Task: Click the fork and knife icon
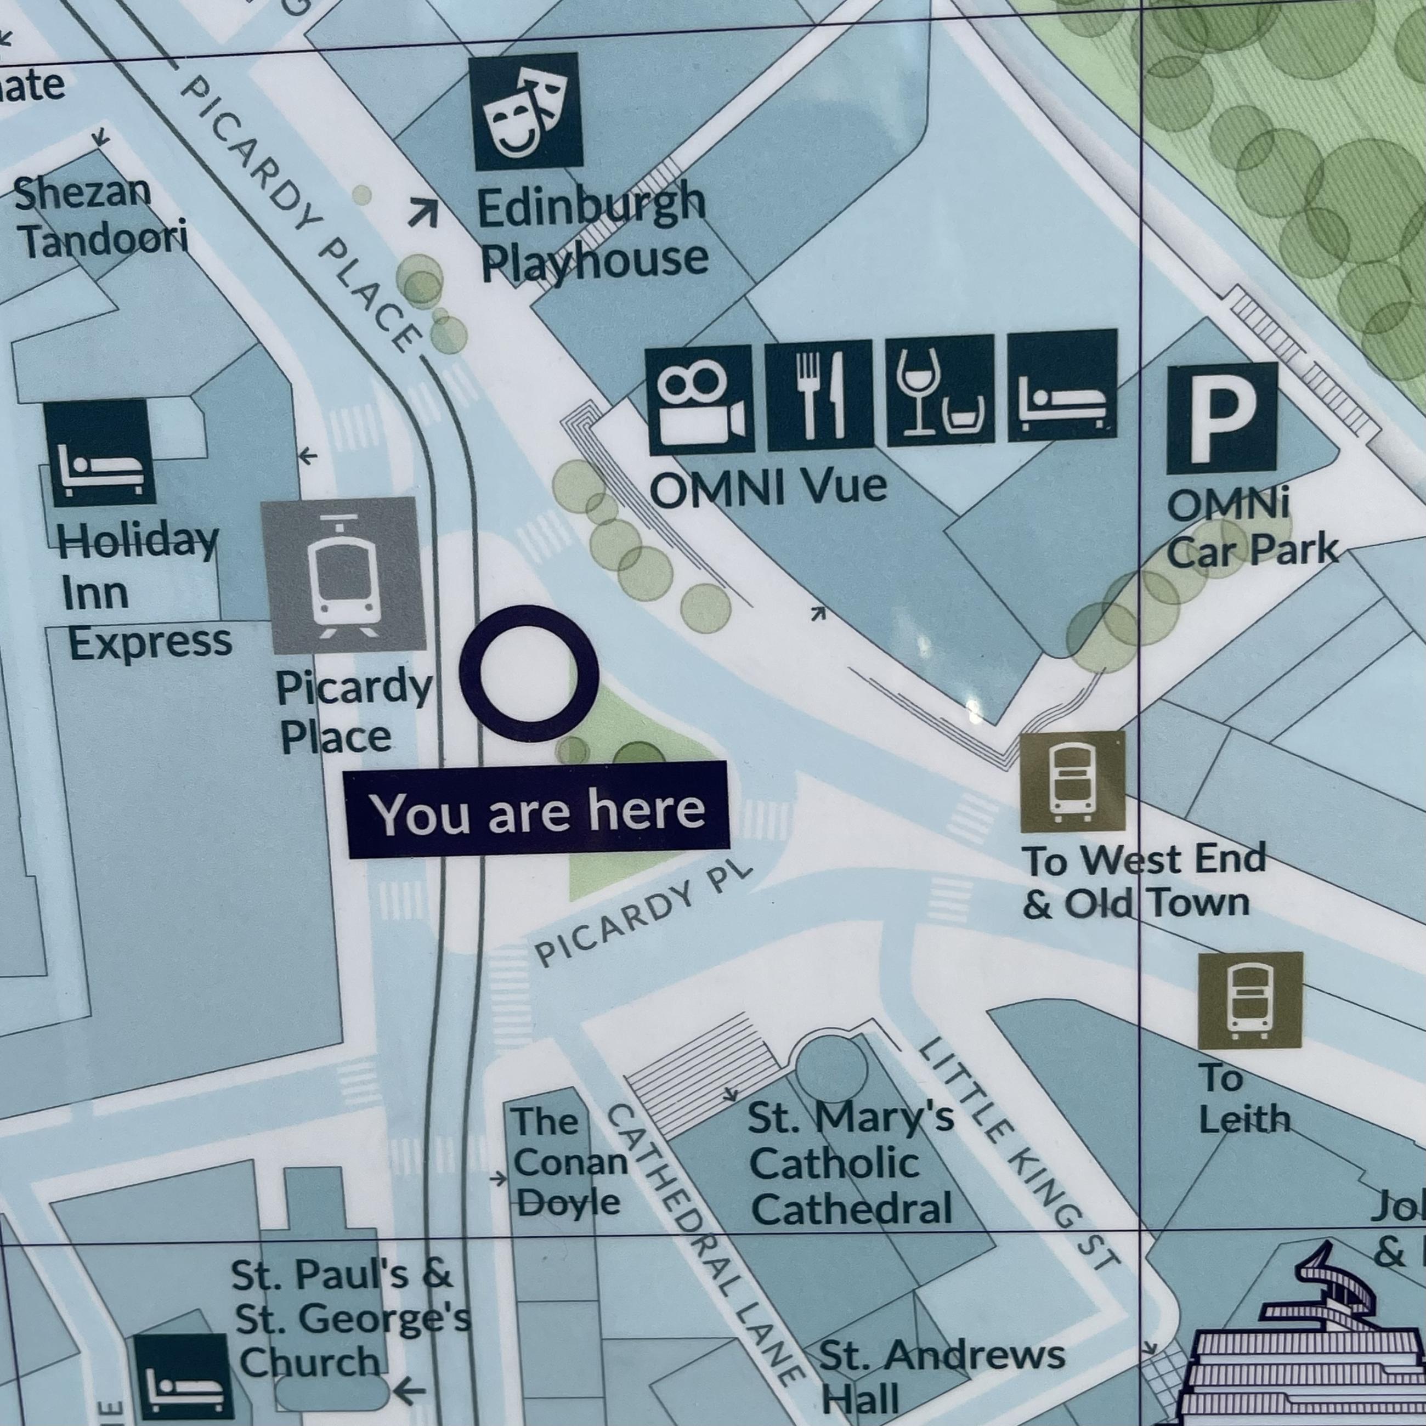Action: point(819,397)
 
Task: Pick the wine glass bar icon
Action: point(939,393)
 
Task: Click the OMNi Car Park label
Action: point(1251,530)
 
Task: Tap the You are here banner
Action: point(538,811)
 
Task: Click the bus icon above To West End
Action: point(1072,782)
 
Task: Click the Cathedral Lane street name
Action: point(705,1247)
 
